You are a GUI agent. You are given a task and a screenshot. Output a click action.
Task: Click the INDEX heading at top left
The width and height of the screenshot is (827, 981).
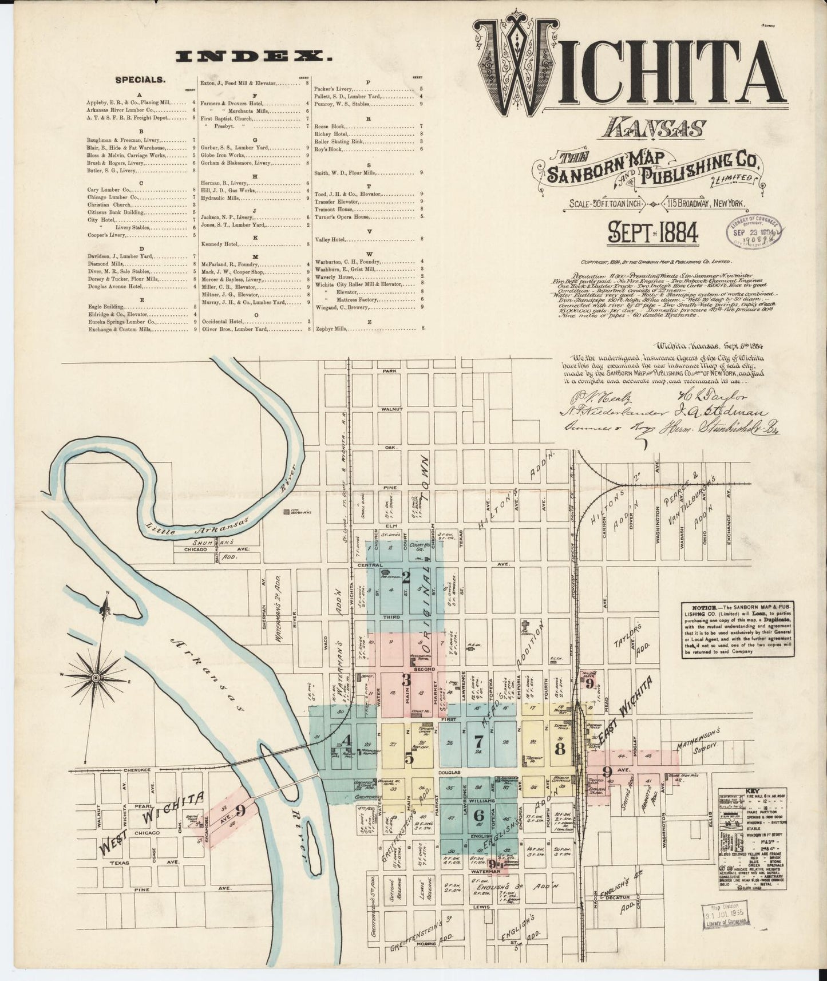click(255, 56)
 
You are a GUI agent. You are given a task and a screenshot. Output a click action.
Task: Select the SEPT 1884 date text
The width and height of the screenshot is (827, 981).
click(652, 232)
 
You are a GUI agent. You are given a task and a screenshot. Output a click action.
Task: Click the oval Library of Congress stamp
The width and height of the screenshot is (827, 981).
click(755, 231)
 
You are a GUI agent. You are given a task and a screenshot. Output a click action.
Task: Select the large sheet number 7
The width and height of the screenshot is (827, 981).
click(478, 742)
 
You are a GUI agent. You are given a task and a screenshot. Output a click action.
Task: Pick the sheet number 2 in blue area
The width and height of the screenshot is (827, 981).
click(406, 577)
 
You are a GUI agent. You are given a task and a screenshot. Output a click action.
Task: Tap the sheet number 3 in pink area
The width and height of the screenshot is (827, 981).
click(406, 681)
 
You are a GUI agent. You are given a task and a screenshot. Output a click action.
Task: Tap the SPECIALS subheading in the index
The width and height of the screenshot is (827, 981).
click(140, 80)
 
